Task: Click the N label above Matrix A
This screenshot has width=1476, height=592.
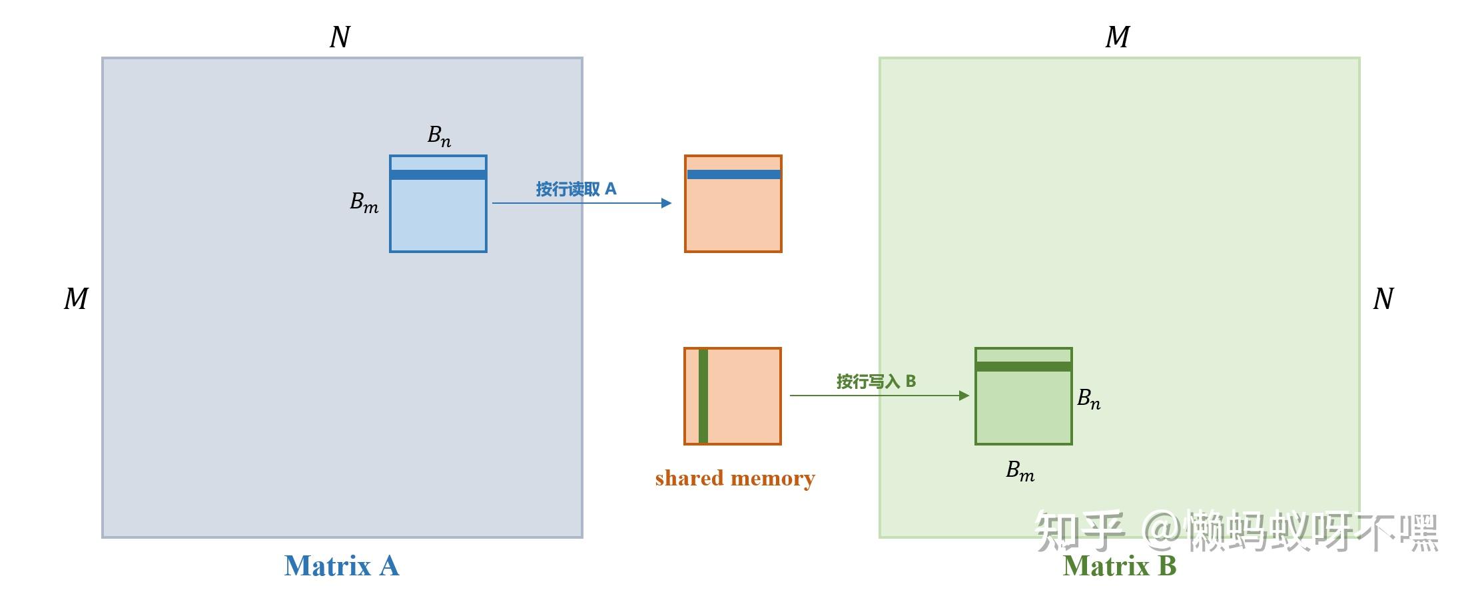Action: tap(340, 37)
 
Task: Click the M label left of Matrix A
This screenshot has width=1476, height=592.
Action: tap(76, 299)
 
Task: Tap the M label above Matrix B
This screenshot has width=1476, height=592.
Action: tap(1117, 37)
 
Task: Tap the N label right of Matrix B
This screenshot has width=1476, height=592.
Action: tap(1383, 299)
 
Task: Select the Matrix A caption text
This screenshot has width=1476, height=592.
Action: tap(341, 566)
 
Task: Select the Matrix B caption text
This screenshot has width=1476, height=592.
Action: tap(1119, 566)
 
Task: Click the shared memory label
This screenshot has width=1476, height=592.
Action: tap(735, 478)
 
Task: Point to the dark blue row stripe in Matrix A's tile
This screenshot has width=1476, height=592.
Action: tap(438, 174)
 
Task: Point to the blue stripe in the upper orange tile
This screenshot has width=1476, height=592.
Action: tap(733, 174)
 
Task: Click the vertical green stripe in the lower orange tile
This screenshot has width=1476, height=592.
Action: tap(703, 396)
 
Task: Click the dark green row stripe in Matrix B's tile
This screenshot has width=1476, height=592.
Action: tap(1024, 366)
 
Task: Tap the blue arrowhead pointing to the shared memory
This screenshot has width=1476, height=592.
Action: tap(666, 203)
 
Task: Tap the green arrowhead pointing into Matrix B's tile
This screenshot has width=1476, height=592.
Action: tap(964, 396)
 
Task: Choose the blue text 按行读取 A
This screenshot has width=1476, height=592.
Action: tap(576, 189)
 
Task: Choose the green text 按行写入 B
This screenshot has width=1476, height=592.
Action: tap(876, 382)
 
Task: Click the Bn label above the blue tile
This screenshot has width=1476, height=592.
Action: tap(439, 136)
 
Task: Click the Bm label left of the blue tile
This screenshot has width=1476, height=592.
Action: tap(364, 202)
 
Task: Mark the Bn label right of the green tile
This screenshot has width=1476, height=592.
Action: tap(1088, 399)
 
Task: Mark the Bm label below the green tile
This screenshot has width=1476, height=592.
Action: tap(1020, 471)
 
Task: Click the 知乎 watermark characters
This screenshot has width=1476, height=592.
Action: tap(1079, 531)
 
